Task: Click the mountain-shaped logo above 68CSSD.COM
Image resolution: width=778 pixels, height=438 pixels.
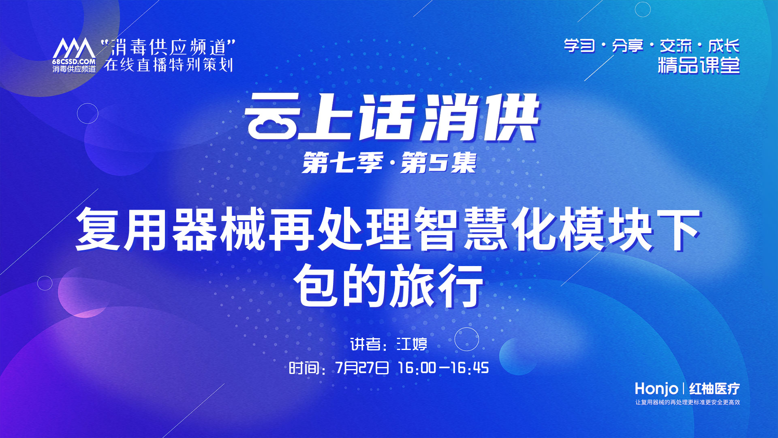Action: click(x=74, y=49)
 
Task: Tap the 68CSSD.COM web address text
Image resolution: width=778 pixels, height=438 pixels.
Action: click(x=74, y=62)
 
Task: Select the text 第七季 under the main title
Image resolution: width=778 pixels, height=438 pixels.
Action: click(x=342, y=163)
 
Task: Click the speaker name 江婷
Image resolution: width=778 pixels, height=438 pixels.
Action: click(x=412, y=344)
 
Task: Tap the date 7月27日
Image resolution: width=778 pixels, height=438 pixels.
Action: click(x=362, y=368)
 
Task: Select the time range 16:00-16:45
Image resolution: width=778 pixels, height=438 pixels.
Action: click(x=443, y=368)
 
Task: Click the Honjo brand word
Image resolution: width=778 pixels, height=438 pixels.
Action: click(x=656, y=389)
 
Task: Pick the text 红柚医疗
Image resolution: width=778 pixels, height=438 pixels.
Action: click(x=714, y=389)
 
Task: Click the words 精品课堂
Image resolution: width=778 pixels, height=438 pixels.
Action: click(x=699, y=66)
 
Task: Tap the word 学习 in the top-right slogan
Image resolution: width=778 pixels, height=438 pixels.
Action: click(x=579, y=46)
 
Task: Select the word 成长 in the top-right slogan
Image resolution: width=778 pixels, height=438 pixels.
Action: click(x=724, y=46)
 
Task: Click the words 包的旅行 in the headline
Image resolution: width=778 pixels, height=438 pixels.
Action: click(x=389, y=286)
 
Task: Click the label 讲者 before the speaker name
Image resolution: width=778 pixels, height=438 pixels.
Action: click(x=365, y=344)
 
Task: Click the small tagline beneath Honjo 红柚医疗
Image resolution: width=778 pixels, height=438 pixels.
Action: click(x=688, y=402)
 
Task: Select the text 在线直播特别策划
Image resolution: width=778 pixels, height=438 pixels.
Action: click(x=169, y=65)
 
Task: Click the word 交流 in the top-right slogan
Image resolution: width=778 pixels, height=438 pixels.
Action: click(x=676, y=46)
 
